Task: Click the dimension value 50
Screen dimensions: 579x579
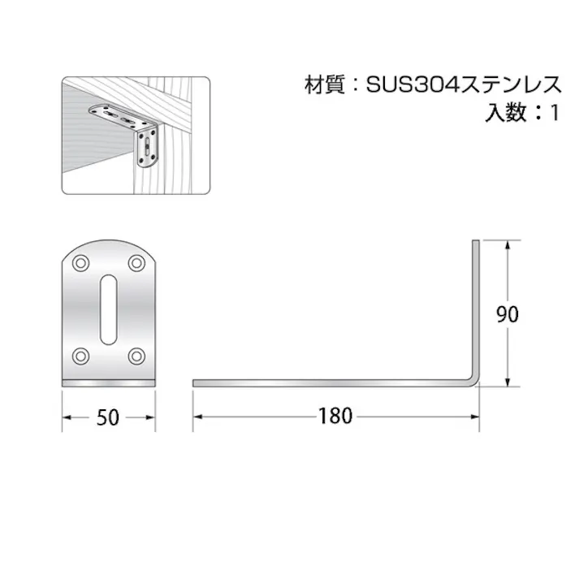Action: [108, 417]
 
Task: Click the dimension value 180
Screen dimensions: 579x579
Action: [335, 417]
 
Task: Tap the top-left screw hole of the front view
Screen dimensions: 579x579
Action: [80, 263]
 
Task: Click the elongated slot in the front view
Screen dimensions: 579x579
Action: [109, 309]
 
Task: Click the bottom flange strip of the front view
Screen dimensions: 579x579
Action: [109, 382]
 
